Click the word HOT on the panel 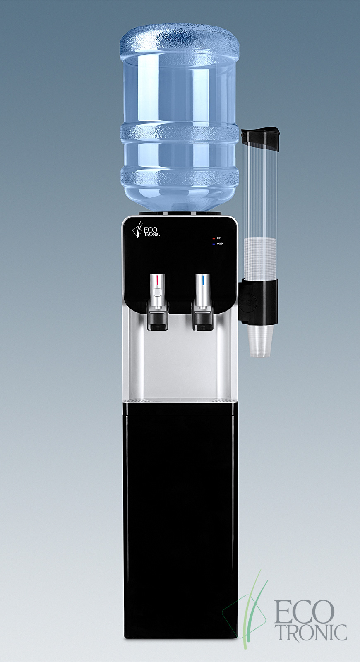click(x=219, y=238)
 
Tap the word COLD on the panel click(x=220, y=244)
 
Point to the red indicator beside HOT click(x=214, y=238)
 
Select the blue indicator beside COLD click(x=214, y=244)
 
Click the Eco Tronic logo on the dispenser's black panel click(x=146, y=230)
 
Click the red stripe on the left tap click(x=158, y=280)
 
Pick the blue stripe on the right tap click(x=203, y=280)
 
